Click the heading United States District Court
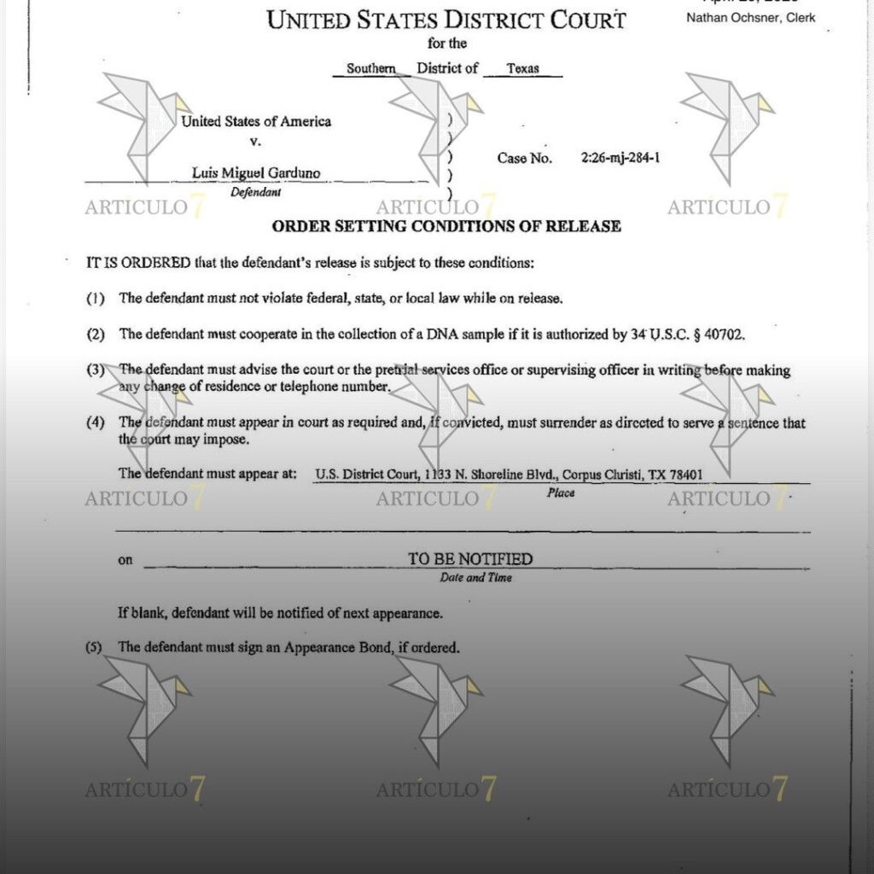446,20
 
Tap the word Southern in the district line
370,69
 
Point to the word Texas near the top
522,69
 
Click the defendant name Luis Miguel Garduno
256,173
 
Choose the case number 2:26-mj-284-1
620,158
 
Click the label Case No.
525,158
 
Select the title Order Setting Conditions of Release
446,226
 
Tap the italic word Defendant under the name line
256,192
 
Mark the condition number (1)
95,299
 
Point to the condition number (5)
94,647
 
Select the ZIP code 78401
688,474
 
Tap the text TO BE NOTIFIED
469,559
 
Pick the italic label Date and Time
475,578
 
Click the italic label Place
561,492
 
